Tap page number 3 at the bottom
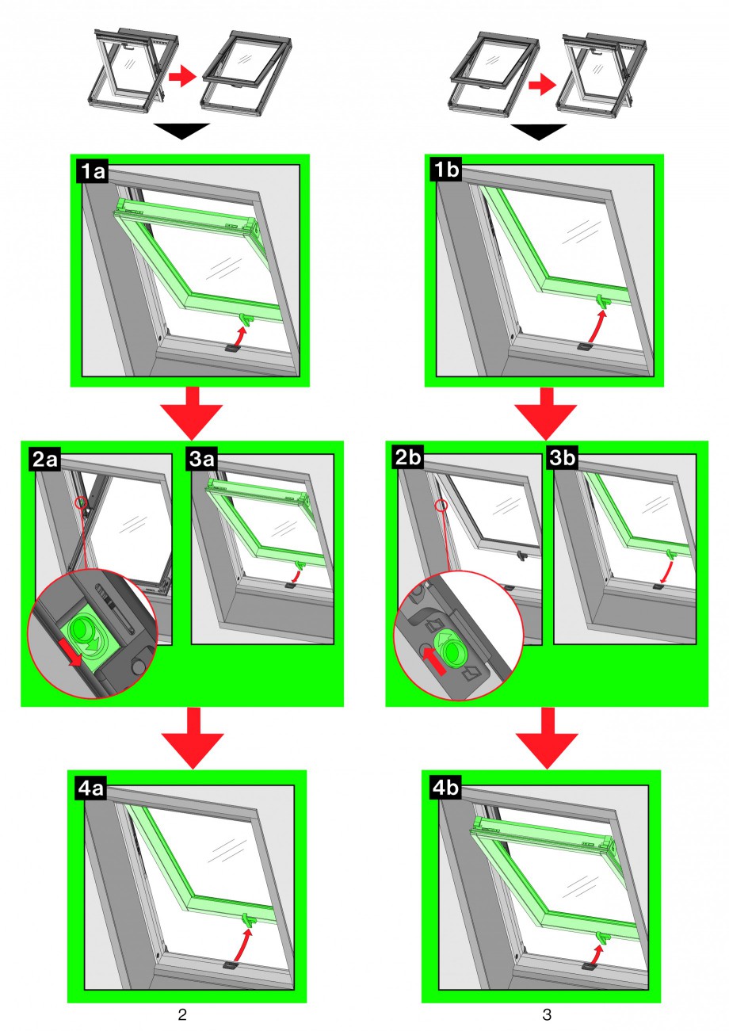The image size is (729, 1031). (x=547, y=1014)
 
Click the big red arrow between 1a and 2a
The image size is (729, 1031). (x=190, y=413)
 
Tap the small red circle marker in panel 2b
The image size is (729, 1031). (x=442, y=505)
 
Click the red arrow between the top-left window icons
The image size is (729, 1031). (x=181, y=77)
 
